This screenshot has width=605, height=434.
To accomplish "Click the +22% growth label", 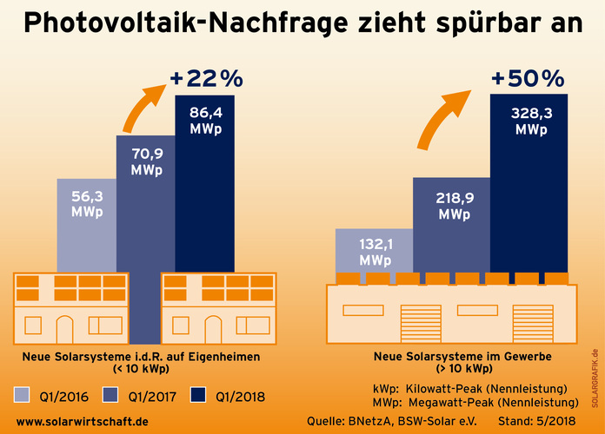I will coord(206,79).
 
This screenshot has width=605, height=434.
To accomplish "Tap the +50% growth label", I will coord(528,79).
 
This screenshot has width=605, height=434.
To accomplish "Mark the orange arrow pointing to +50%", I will coord(443,117).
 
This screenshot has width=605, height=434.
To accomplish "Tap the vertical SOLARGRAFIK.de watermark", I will coord(595,382).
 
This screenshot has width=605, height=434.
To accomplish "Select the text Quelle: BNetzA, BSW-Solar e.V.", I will coord(383,421).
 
